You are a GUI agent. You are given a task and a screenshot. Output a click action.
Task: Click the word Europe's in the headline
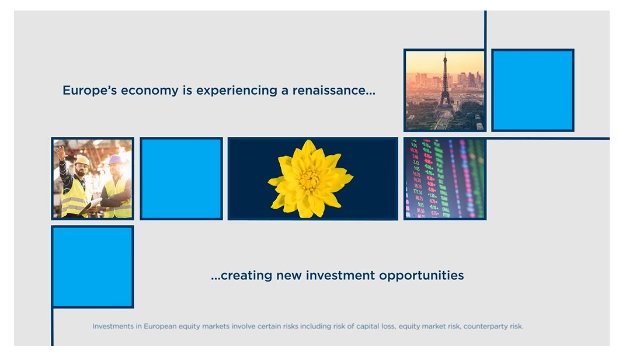pos(89,91)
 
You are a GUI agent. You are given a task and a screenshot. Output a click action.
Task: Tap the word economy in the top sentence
pos(149,91)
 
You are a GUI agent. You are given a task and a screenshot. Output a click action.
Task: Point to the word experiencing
pos(237,91)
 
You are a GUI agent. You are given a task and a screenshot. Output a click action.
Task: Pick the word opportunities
pos(421,276)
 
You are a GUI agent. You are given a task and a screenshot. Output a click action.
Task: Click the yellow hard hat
pos(82,160)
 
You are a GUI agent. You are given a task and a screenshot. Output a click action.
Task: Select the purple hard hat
pos(115,160)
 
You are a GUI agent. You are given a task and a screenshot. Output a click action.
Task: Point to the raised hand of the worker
pos(60,153)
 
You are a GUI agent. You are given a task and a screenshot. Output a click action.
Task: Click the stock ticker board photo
pos(445,179)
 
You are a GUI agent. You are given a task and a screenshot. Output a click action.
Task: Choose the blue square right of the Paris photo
pos(533,90)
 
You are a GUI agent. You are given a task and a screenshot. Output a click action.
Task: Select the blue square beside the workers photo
pos(181,179)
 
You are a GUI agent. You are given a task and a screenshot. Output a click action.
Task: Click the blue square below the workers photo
pos(92,266)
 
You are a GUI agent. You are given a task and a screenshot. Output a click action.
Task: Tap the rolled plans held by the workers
pos(91,206)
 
